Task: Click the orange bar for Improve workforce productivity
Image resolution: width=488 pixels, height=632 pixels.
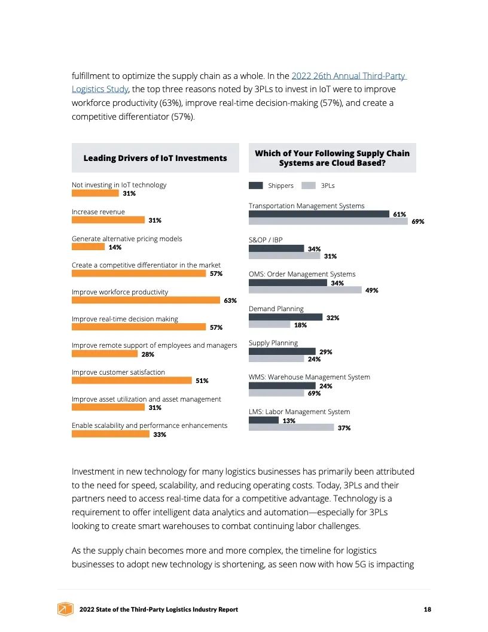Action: click(146, 300)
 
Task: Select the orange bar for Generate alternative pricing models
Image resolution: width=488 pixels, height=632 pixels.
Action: click(88, 247)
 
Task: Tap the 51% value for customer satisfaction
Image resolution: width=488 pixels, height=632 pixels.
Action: click(202, 381)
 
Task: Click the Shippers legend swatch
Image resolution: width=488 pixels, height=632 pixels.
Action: click(256, 186)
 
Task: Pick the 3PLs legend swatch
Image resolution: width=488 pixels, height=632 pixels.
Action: click(309, 186)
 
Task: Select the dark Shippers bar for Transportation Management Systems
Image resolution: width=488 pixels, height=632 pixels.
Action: click(319, 214)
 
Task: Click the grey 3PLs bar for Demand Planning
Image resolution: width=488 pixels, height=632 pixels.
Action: click(269, 325)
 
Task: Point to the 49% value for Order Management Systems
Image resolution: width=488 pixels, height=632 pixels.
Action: click(371, 290)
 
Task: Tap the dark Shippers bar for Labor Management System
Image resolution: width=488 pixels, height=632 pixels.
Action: click(264, 420)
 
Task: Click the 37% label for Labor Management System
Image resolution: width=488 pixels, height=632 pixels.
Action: click(344, 428)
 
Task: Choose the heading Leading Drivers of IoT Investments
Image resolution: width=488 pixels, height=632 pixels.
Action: click(155, 158)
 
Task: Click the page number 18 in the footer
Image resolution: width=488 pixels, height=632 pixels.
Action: click(427, 609)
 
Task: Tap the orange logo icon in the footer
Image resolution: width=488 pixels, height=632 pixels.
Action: click(65, 609)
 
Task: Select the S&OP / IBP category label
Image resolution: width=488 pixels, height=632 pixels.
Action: click(266, 240)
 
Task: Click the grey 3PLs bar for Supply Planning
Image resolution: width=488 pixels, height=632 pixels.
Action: click(276, 359)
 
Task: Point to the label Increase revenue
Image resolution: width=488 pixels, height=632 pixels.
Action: click(98, 212)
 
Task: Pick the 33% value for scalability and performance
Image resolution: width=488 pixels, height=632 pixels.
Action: click(160, 434)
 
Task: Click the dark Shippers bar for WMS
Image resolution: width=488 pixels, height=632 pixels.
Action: click(278, 386)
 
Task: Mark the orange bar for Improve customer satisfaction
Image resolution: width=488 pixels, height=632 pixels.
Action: click(132, 381)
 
